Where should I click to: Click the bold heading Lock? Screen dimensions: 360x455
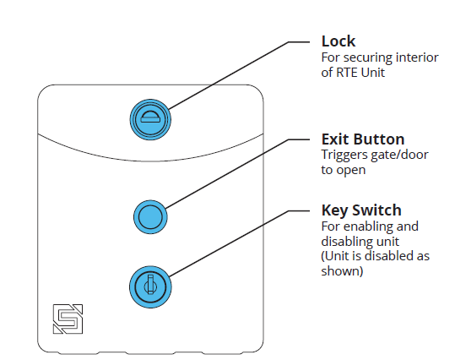pos(338,41)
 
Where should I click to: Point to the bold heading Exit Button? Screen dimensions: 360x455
pos(363,139)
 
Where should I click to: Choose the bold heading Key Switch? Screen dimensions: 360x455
pos(361,210)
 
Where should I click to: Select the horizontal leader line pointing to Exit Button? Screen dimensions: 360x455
pos(301,139)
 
